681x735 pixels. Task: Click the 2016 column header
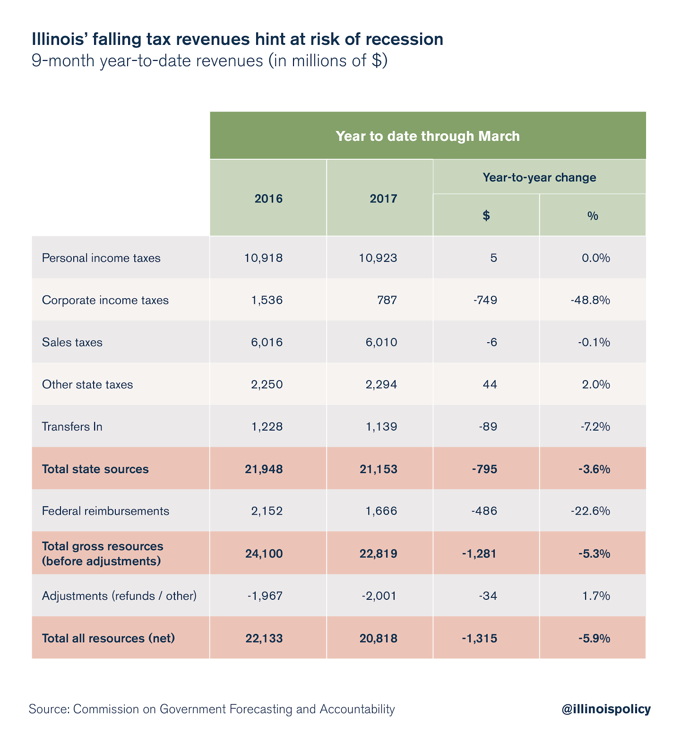click(268, 199)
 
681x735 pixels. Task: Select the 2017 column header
click(383, 199)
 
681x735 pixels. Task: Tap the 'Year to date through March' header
click(428, 136)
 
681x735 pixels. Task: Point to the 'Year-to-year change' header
click(539, 178)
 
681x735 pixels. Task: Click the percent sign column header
click(593, 216)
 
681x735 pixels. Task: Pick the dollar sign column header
click(486, 216)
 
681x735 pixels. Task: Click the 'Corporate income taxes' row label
click(105, 300)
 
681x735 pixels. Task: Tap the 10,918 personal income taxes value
click(264, 258)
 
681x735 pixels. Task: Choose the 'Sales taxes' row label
click(72, 342)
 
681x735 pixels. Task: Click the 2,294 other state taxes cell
click(378, 384)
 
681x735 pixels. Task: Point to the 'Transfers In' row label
click(72, 427)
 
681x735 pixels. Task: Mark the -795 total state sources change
click(484, 469)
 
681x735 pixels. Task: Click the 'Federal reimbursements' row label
click(105, 511)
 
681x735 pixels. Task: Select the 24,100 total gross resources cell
click(264, 553)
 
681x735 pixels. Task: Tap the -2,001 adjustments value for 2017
click(379, 596)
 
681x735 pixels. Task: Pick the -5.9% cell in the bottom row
click(594, 638)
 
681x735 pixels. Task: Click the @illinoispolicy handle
click(606, 709)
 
